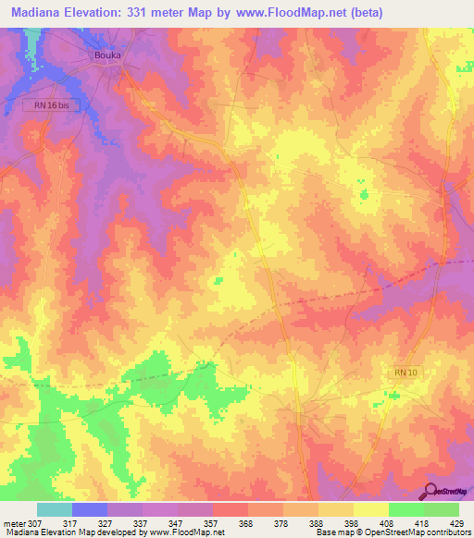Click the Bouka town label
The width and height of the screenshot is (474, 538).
[108, 55]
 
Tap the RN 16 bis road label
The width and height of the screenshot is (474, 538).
[46, 106]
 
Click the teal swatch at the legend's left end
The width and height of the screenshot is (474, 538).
[55, 509]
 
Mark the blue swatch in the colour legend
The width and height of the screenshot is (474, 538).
[90, 509]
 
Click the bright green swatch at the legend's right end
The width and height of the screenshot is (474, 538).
[442, 509]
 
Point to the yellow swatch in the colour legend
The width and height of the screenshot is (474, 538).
[371, 509]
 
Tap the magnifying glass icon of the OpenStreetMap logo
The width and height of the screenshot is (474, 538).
[430, 492]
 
